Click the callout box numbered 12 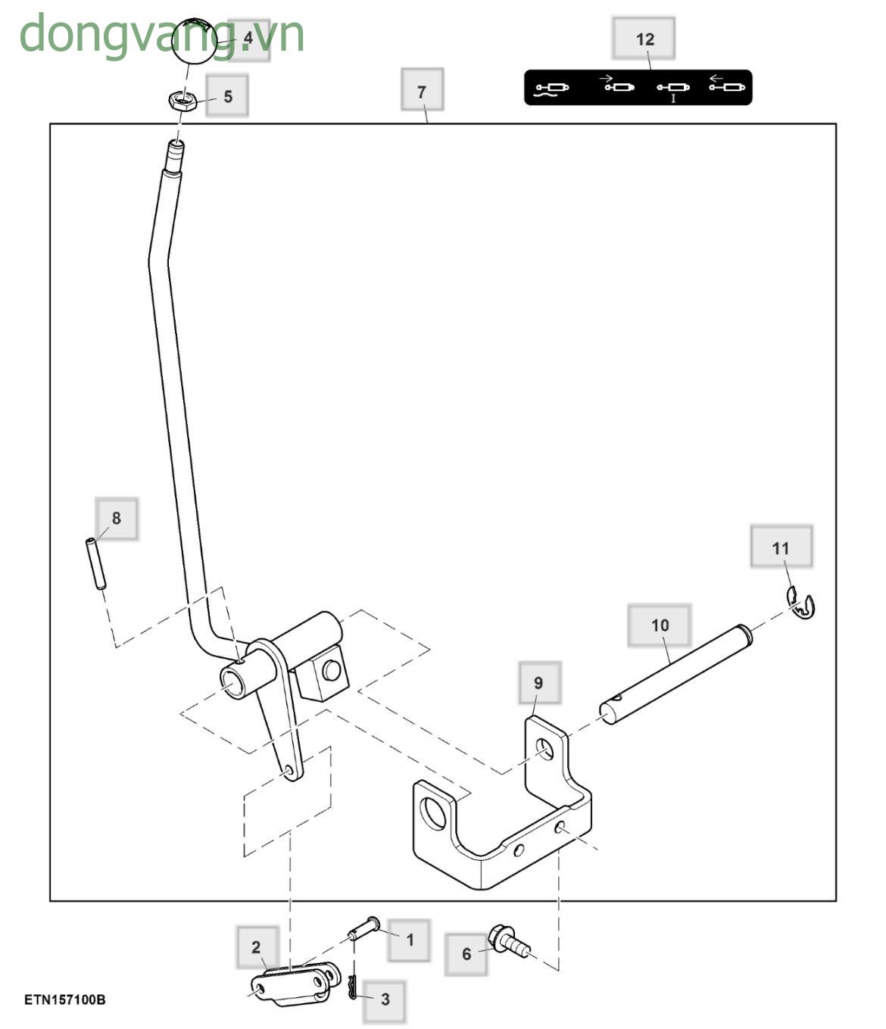click(644, 39)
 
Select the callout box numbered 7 click(422, 91)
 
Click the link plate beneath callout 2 click(292, 985)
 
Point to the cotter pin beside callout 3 click(353, 987)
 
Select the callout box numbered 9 click(538, 682)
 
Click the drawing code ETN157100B click(65, 999)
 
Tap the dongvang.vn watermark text click(161, 35)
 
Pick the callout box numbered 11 click(781, 547)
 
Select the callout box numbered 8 click(117, 519)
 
